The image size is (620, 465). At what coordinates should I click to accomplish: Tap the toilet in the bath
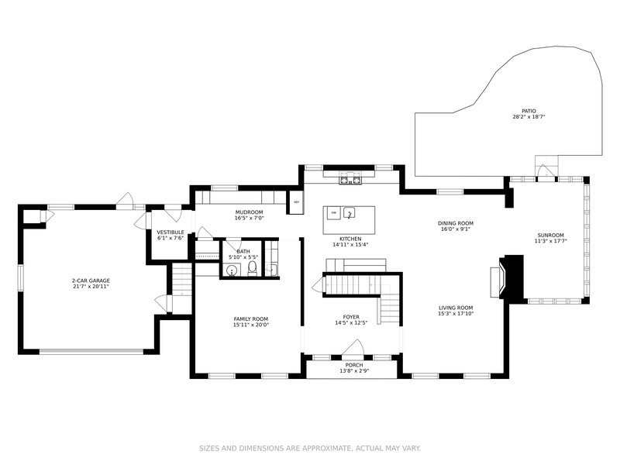point(253,268)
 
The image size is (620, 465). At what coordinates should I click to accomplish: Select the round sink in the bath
point(232,270)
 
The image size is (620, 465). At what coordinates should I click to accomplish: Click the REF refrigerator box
point(297,202)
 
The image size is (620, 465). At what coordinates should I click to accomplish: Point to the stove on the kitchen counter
point(350,178)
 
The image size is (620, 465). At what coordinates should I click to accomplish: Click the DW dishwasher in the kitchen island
point(334,213)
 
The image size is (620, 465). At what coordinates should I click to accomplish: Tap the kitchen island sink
point(350,212)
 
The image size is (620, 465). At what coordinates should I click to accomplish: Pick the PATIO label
point(529,111)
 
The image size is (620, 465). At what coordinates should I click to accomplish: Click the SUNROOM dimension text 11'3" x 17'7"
point(550,240)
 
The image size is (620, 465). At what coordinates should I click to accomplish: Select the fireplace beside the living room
point(510,277)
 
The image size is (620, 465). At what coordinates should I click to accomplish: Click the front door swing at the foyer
point(353,348)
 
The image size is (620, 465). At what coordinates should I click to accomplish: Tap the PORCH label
point(354,365)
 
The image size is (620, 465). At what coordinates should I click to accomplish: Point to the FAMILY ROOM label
point(250,319)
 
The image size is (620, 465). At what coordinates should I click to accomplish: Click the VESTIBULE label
point(170,232)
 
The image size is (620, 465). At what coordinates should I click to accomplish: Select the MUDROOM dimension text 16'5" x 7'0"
point(249,218)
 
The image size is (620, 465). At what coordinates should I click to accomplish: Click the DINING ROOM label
point(456,223)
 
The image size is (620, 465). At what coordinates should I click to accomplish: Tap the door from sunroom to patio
point(546,172)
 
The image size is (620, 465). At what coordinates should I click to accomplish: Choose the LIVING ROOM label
point(456,308)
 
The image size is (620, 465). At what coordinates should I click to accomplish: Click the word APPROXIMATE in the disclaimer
point(325,449)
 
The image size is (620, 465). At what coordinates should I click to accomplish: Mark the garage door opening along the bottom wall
point(91,351)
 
